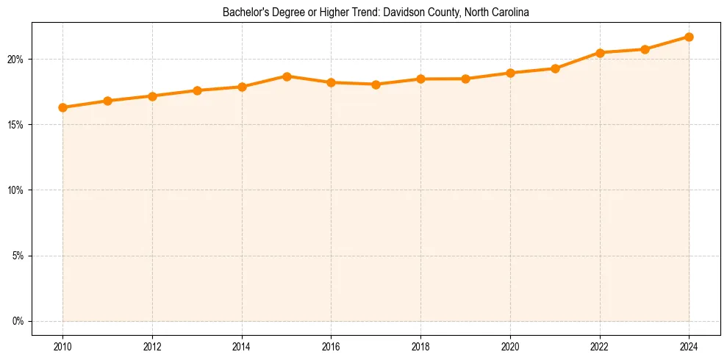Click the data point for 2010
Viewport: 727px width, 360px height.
(62, 107)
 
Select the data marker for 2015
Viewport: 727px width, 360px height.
(287, 76)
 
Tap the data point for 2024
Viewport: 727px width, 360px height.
(689, 37)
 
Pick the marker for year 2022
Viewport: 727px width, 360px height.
(600, 52)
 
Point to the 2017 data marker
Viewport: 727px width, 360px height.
(376, 84)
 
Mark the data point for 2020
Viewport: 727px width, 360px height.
(510, 73)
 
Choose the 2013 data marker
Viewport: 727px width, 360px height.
(197, 90)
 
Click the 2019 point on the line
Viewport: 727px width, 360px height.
(465, 79)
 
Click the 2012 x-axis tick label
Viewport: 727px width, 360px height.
(152, 345)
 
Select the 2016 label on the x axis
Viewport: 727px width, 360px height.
(331, 345)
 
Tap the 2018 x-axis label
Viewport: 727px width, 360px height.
(420, 345)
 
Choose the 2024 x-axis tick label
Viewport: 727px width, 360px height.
(689, 345)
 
